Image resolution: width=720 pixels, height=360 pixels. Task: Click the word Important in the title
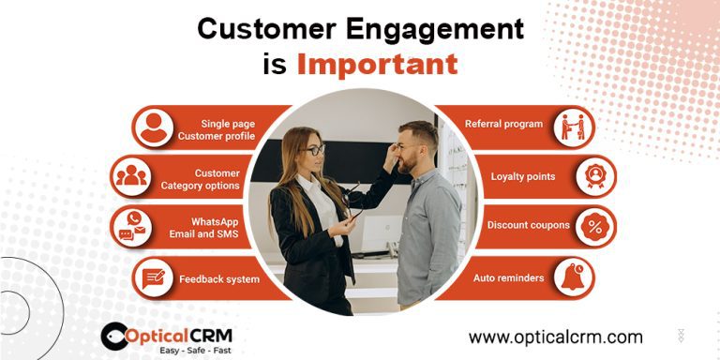coord(377,63)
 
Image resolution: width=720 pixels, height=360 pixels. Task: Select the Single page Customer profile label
coord(215,129)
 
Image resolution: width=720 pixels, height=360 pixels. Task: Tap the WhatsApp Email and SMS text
coord(215,228)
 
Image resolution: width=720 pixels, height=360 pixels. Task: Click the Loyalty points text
coord(522,176)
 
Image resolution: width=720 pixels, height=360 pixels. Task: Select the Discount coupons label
coord(528,225)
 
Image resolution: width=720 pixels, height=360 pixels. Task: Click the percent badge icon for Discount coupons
coord(595,227)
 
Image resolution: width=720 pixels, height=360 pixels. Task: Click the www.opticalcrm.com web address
coord(555,337)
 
